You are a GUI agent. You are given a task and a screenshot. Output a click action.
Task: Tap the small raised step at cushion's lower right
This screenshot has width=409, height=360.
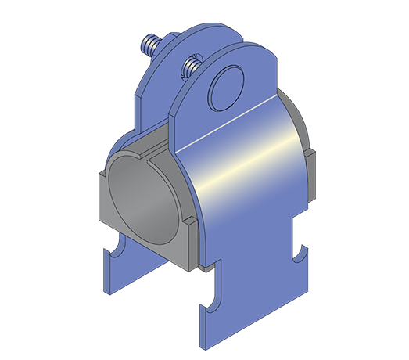click(x=189, y=228)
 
